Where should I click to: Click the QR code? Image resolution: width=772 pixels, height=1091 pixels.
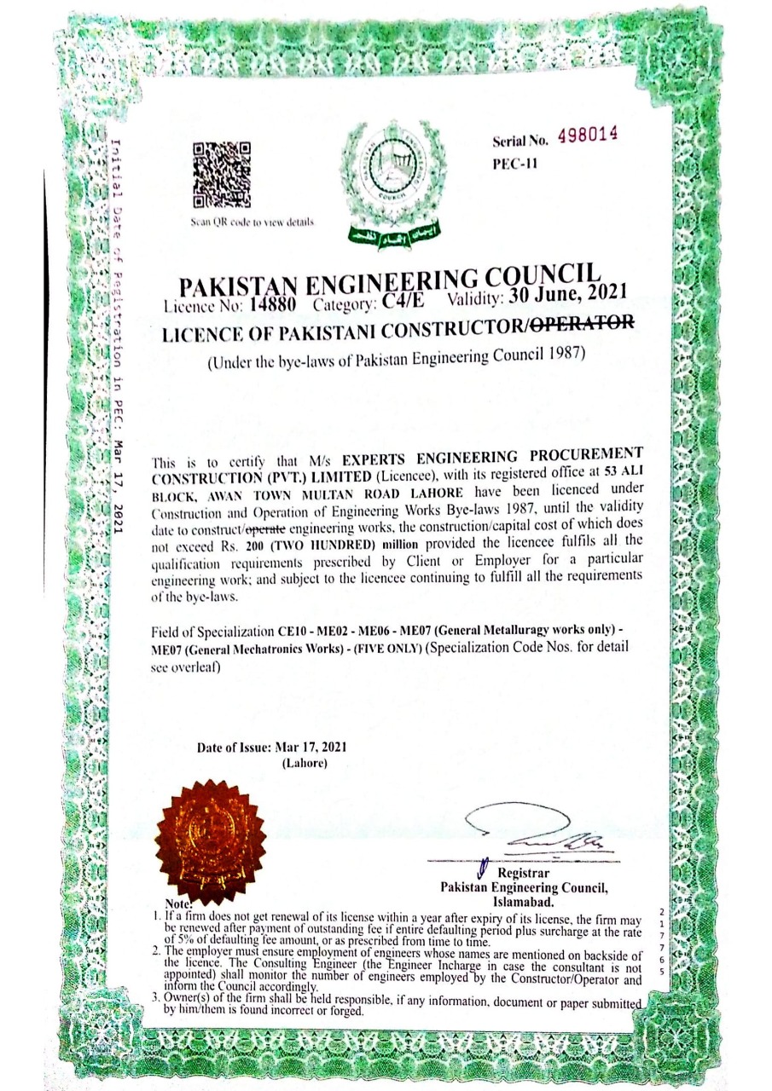click(223, 175)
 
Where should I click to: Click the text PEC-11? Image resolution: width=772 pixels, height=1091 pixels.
click(514, 165)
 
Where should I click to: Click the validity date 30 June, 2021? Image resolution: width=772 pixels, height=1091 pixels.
click(569, 294)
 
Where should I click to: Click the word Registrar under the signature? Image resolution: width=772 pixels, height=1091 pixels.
click(523, 873)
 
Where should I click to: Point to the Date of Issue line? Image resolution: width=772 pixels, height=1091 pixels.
click(271, 747)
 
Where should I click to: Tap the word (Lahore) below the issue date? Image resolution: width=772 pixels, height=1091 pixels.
click(305, 763)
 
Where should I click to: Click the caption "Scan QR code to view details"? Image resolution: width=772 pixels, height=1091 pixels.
click(253, 222)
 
